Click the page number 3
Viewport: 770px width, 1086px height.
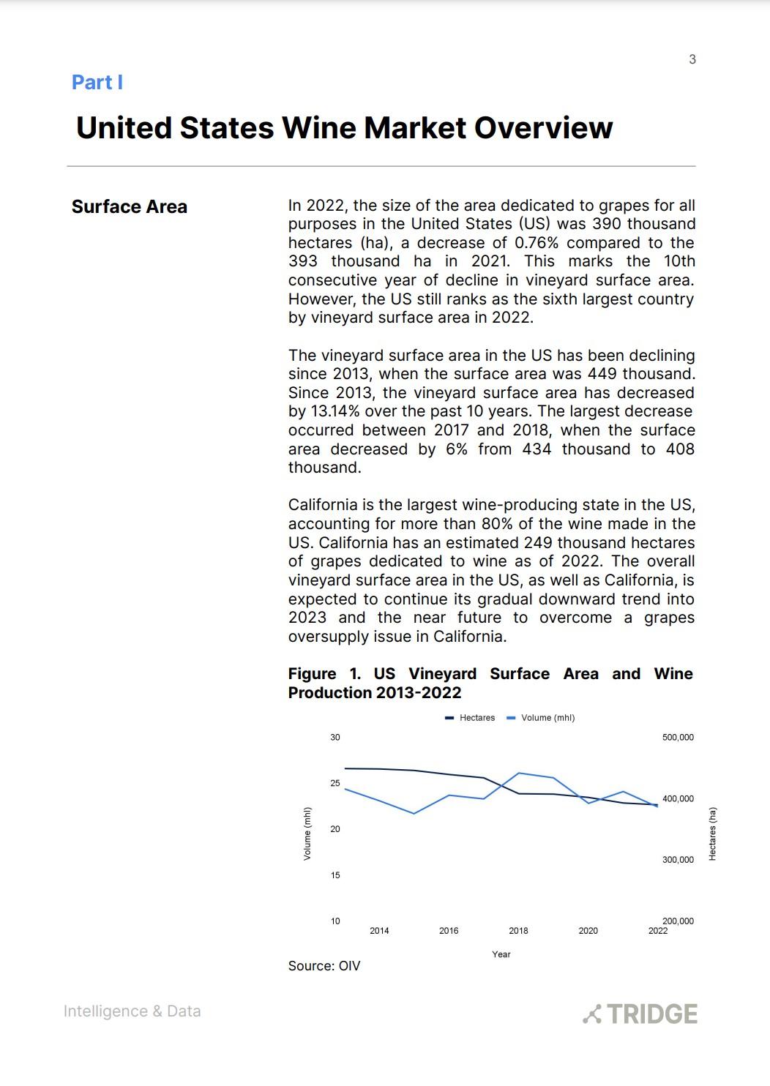coord(692,59)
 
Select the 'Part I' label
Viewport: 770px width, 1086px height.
coord(97,83)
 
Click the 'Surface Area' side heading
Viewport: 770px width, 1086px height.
coord(130,207)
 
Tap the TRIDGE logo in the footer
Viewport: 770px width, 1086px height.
coord(640,1014)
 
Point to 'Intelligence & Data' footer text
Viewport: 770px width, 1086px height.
coord(132,1011)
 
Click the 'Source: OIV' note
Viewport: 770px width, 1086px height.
coord(324,966)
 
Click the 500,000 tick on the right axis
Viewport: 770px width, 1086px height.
coord(678,738)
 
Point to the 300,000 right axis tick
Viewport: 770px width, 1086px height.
coord(678,860)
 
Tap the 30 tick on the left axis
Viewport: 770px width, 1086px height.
coord(335,738)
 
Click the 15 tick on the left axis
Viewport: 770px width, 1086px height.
coord(335,875)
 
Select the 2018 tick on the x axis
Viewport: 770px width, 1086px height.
coord(518,931)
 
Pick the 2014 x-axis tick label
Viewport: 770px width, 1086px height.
coord(379,931)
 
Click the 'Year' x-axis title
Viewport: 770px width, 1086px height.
coord(501,954)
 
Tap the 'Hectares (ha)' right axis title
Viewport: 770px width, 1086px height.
coord(713,834)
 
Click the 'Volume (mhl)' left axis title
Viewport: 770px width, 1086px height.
coord(307,834)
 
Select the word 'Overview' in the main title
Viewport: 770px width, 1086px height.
coord(543,128)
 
